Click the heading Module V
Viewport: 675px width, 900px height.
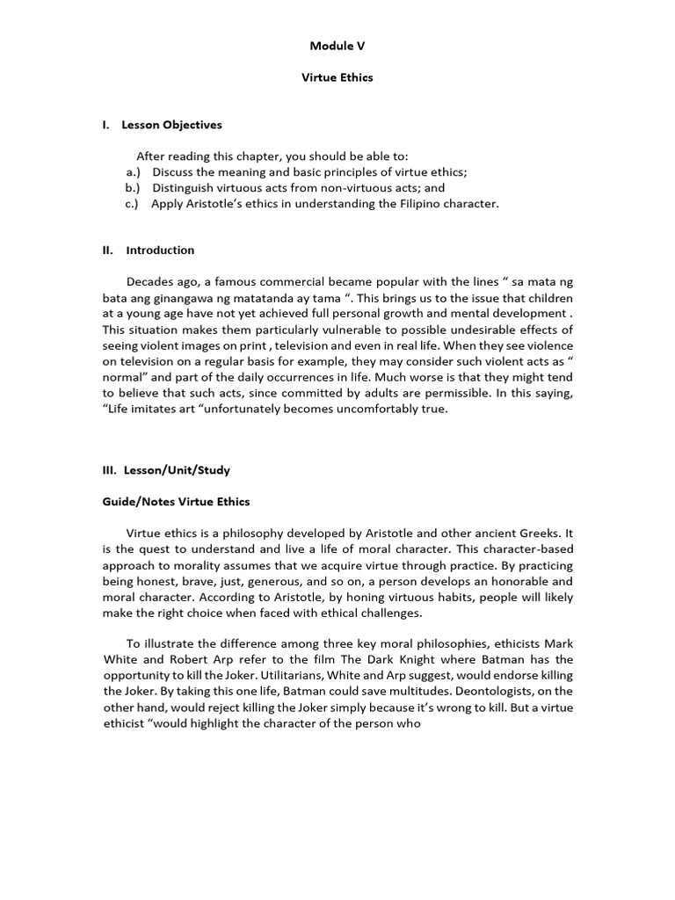click(x=337, y=45)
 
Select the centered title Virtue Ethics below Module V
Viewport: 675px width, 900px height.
click(x=337, y=77)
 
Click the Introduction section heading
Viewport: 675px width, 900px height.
click(x=160, y=250)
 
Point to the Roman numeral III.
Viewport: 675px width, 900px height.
click(x=109, y=470)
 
